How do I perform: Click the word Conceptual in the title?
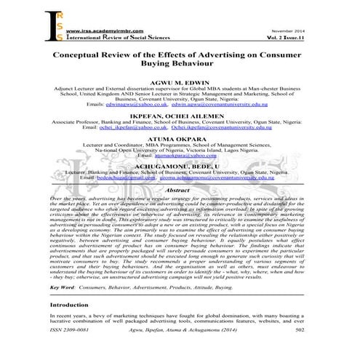(x=95, y=56)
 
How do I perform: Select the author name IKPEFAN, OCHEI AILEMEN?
(x=179, y=115)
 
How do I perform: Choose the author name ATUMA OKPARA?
(x=179, y=140)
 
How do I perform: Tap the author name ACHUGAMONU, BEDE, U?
(x=179, y=164)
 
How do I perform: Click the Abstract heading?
(x=179, y=190)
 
